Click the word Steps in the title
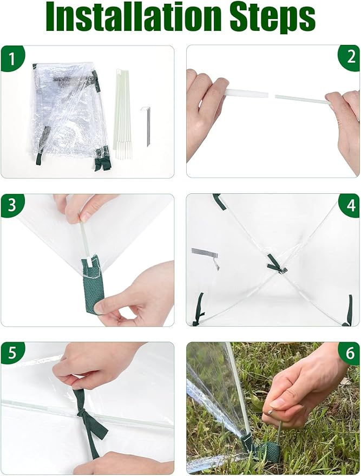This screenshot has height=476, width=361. [x=273, y=17]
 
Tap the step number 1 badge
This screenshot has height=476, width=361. [x=12, y=58]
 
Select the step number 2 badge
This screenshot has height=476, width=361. [x=350, y=57]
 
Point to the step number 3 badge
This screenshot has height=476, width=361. [x=12, y=206]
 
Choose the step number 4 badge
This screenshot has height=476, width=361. [x=350, y=206]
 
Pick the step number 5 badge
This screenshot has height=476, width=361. [x=12, y=354]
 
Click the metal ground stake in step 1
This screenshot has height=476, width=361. [x=146, y=126]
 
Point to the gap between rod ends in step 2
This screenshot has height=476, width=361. [x=272, y=96]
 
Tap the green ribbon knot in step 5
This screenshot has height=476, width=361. [x=82, y=414]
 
